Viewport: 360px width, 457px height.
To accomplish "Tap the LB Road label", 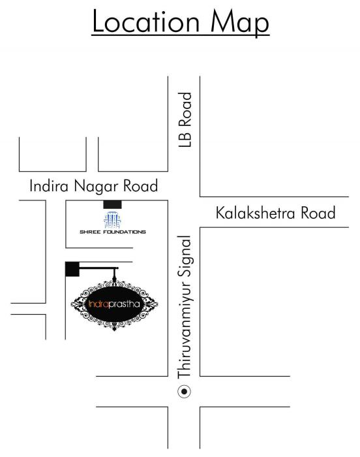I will (188, 119).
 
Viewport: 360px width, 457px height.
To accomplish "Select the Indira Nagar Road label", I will (94, 186).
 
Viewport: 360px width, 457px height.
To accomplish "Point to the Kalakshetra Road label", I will (276, 213).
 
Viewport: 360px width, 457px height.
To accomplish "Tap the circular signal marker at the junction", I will (185, 392).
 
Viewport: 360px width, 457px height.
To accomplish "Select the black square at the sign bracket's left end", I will (72, 268).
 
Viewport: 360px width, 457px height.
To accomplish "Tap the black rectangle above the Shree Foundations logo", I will (112, 204).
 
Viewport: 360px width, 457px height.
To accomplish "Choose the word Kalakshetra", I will (256, 213).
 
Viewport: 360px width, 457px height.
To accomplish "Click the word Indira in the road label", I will (48, 186).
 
